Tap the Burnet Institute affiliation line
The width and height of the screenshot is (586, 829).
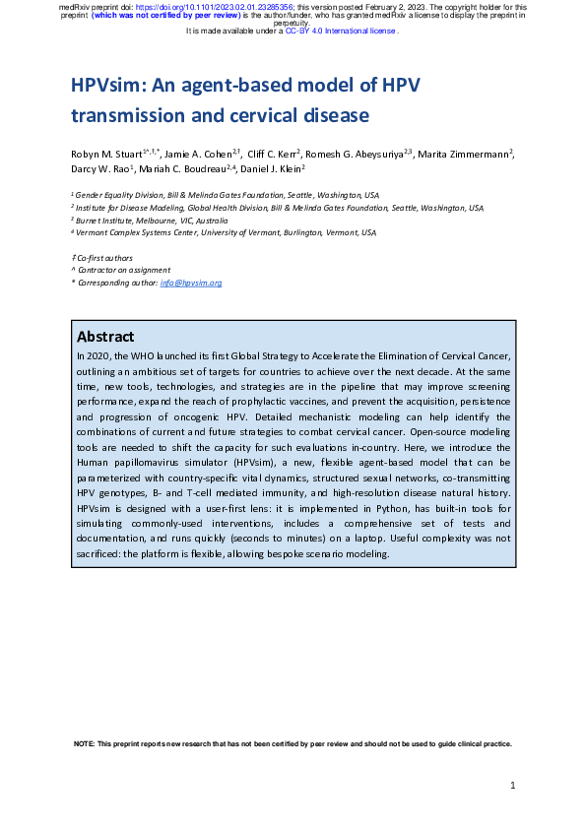[x=139, y=221]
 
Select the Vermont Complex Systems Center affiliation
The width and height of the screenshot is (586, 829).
[x=226, y=233]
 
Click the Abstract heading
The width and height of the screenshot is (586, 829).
[x=105, y=336]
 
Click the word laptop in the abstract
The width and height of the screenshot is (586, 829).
[x=363, y=540]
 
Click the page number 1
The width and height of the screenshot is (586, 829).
[x=513, y=785]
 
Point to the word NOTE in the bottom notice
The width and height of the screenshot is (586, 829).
[x=86, y=743]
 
